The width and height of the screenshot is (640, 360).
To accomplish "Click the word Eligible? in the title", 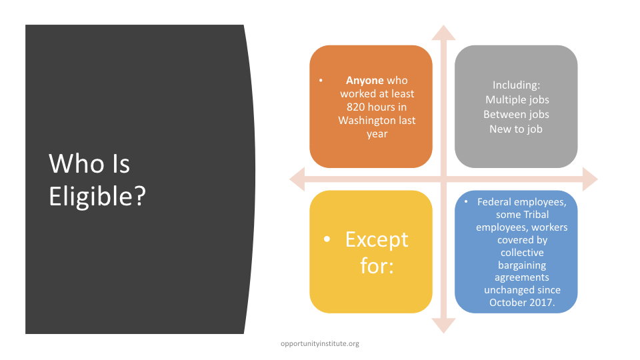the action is click(97, 197).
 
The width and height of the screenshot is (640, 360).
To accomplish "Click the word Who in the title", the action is click(76, 164).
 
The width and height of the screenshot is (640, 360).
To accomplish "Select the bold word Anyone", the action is click(365, 81).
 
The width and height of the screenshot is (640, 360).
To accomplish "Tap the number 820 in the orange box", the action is click(355, 107).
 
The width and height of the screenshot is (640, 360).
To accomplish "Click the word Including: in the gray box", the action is click(516, 85).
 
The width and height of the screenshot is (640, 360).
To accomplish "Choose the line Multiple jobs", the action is click(517, 100).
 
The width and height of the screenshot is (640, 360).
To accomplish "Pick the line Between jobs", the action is click(516, 114).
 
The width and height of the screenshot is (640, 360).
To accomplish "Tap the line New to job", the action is click(516, 129).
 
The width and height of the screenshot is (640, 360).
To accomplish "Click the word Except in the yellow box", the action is click(377, 239).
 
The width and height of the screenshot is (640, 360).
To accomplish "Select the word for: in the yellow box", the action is click(377, 266).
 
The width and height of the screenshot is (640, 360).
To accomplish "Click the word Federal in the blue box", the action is click(494, 202).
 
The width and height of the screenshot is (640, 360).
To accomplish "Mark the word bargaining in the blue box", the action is click(522, 265).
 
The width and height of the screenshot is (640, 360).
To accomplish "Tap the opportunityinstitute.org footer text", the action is click(320, 344).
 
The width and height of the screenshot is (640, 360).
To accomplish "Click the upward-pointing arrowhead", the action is click(444, 33).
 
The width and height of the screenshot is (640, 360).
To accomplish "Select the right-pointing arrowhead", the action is click(590, 179).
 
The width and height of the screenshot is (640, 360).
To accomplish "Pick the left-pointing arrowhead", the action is click(297, 179).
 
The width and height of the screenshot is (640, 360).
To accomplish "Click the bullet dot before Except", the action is click(327, 239).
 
